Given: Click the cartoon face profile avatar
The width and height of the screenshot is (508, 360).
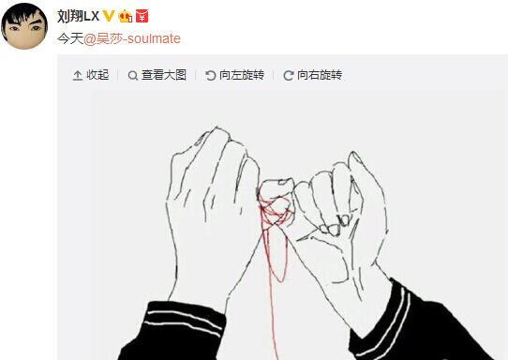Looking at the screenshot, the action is click(x=24, y=26).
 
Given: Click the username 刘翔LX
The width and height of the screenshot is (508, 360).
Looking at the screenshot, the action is click(x=78, y=16).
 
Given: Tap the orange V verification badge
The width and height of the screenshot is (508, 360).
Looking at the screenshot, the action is click(x=109, y=16).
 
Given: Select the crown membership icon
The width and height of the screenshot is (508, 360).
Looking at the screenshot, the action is click(x=126, y=16).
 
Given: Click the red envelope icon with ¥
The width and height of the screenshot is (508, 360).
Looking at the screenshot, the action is click(x=142, y=16).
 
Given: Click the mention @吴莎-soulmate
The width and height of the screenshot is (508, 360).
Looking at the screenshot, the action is click(x=132, y=38).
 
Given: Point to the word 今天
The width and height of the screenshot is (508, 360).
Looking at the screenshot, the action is click(x=70, y=38).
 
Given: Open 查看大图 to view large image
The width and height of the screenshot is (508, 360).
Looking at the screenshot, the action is click(x=164, y=75).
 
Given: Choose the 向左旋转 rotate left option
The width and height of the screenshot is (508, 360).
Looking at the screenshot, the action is click(x=242, y=75).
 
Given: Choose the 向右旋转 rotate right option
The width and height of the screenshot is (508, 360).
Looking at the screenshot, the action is click(x=320, y=75).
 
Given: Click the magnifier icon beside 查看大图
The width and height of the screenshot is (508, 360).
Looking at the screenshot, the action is click(x=133, y=76).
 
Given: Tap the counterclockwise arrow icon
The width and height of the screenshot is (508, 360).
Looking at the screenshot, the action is click(x=211, y=76).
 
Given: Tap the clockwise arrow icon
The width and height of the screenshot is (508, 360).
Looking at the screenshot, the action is click(x=289, y=76).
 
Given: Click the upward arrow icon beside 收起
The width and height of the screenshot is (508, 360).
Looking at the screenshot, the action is click(x=77, y=76).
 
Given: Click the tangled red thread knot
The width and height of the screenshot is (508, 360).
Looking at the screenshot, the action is click(x=275, y=211).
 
